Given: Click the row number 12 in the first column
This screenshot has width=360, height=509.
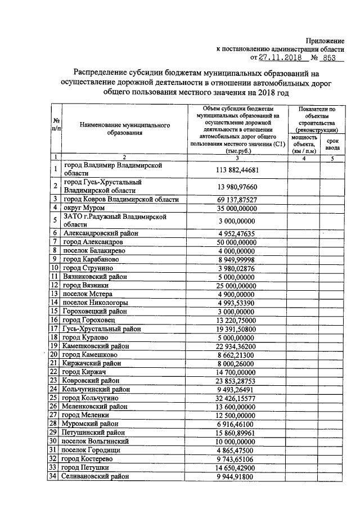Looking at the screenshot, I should (x=55, y=285).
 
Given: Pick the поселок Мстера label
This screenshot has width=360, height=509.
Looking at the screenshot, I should (x=88, y=294).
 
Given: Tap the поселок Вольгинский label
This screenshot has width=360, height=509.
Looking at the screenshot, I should (x=97, y=442).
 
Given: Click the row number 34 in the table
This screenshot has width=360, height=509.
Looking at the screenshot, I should (x=55, y=476).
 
